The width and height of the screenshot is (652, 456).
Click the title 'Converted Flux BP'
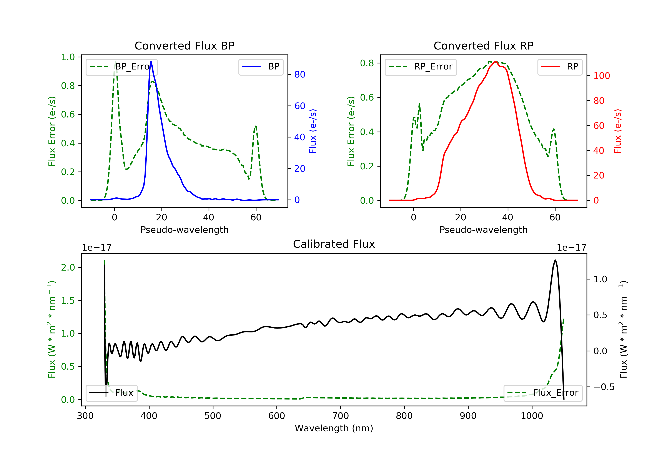(184, 46)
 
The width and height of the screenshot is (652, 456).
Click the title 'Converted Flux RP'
(483, 46)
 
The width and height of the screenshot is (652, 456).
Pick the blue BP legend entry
(261, 67)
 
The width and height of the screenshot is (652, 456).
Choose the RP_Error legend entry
(421, 67)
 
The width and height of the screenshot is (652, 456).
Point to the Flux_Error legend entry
(543, 393)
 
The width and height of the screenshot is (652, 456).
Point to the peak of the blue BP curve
(151, 62)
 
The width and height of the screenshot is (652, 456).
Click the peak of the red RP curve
(495, 62)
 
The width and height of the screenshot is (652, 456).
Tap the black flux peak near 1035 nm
(555, 260)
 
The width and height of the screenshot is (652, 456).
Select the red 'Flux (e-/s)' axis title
(617, 131)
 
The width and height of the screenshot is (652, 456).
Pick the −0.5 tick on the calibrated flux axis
(604, 387)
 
